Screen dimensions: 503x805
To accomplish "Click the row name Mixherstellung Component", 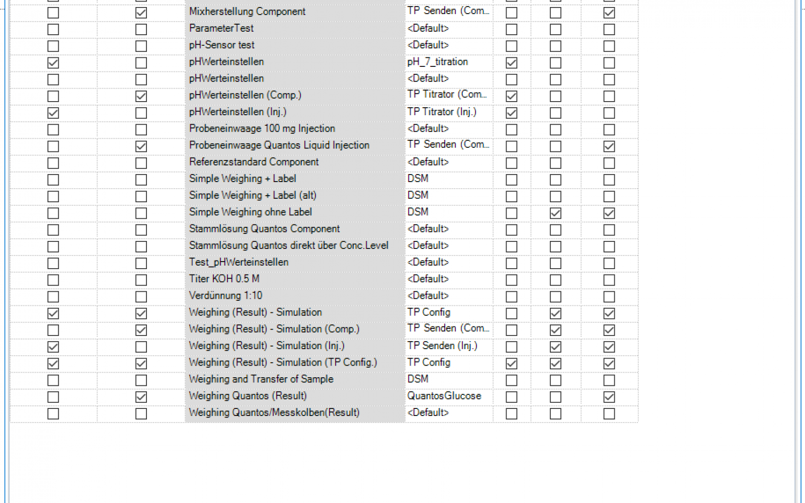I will point(247,12).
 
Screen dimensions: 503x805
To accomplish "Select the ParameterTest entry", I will point(221,28).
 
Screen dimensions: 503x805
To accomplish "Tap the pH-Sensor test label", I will point(222,45).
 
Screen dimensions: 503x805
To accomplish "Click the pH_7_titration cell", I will point(438,62).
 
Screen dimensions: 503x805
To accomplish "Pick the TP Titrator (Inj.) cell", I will point(442,112).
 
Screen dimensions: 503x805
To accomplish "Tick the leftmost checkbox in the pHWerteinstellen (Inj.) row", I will point(53,113).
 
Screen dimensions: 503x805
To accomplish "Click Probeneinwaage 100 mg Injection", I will point(262,128).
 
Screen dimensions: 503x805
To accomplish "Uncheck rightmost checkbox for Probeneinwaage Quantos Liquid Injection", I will point(609,146).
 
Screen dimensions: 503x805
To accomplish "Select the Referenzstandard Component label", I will point(254,162).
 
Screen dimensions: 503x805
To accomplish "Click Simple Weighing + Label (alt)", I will point(253,195).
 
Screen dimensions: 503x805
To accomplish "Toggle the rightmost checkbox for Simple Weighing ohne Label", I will point(609,213).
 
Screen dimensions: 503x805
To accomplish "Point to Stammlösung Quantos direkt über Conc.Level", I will point(289,245).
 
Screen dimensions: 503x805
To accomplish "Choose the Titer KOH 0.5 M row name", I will point(224,279).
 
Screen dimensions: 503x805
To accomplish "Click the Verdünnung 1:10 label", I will point(226,295).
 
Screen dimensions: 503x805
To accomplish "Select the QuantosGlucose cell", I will point(444,396).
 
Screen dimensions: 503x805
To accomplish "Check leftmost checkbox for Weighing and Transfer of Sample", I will point(53,380).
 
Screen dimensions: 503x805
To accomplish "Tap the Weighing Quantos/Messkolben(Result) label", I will point(274,412).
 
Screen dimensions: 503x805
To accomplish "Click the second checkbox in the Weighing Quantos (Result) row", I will point(141,397).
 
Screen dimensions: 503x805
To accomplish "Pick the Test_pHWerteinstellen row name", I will point(239,262).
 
